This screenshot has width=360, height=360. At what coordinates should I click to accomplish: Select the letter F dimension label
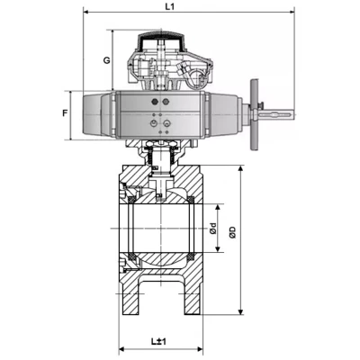65,113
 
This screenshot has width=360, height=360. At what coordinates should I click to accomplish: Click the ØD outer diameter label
232,232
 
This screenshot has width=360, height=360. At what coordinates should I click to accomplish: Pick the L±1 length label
158,342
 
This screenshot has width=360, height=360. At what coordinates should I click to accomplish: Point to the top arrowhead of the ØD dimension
241,170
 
